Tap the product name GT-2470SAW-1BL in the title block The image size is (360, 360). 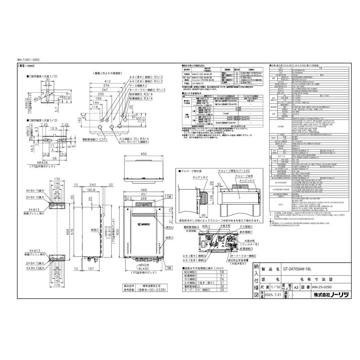tap(292, 270)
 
